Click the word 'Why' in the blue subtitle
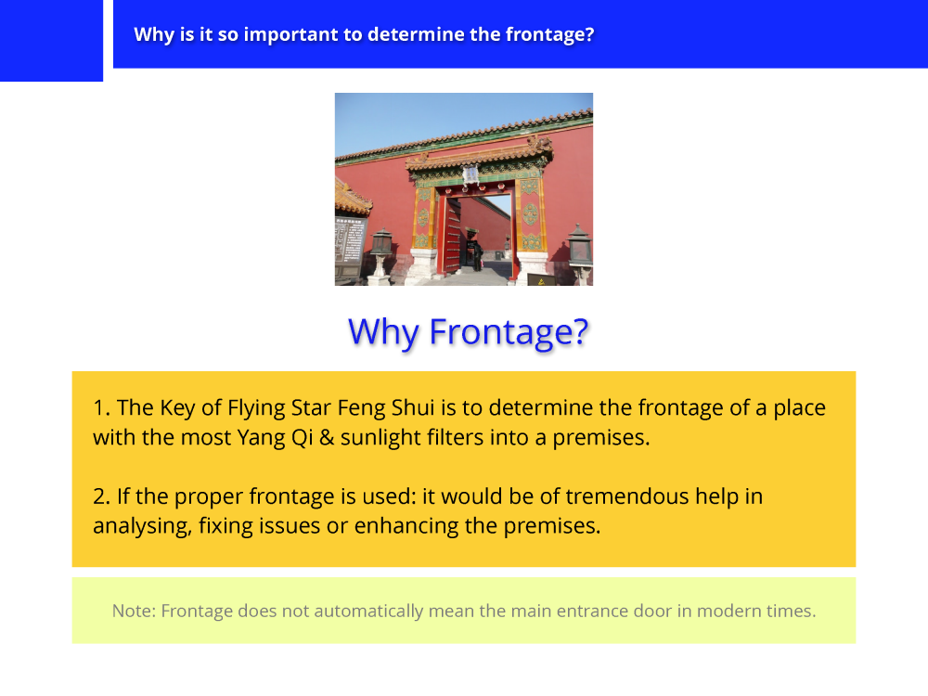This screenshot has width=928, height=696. click(383, 332)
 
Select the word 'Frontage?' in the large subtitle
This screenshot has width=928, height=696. click(509, 332)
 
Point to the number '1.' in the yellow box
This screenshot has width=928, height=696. click(101, 407)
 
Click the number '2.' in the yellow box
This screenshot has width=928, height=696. click(101, 496)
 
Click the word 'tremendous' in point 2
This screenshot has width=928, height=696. click(627, 496)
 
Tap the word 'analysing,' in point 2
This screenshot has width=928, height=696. click(143, 527)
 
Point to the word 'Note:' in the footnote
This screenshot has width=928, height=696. click(135, 611)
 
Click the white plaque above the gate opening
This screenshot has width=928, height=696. click(470, 174)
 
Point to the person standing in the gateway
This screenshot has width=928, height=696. click(476, 252)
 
